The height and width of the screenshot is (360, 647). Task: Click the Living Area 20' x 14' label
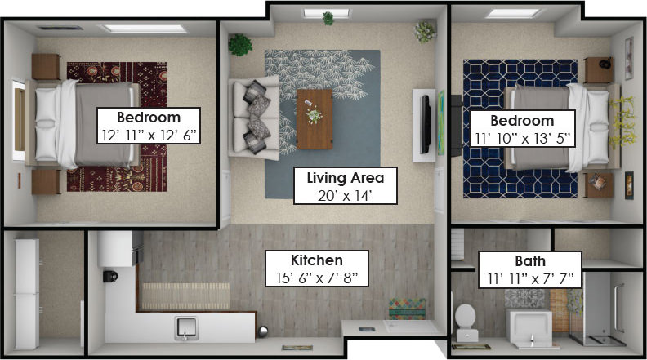[345, 185]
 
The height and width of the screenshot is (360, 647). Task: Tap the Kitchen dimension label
[316, 269]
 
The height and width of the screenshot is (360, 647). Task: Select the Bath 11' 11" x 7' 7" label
[530, 270]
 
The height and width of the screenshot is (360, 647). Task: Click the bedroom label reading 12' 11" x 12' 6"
[149, 126]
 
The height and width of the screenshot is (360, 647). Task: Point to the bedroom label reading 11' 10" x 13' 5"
[522, 128]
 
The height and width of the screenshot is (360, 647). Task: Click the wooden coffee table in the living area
[315, 119]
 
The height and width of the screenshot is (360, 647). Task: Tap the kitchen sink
[185, 328]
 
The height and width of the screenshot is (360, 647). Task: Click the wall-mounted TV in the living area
[425, 124]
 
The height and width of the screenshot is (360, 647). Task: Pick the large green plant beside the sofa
[240, 45]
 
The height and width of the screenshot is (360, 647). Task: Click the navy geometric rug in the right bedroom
[520, 129]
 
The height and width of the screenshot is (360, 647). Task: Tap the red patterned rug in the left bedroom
[117, 127]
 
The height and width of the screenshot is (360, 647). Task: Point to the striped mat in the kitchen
[185, 296]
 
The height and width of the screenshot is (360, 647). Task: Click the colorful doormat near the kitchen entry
[407, 309]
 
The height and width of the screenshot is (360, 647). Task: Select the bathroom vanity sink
[529, 329]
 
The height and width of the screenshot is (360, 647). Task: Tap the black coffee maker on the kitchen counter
[110, 276]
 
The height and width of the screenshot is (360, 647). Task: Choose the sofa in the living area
[254, 118]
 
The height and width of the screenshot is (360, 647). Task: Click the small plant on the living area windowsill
[328, 18]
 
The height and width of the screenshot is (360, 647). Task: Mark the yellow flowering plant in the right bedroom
[621, 122]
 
